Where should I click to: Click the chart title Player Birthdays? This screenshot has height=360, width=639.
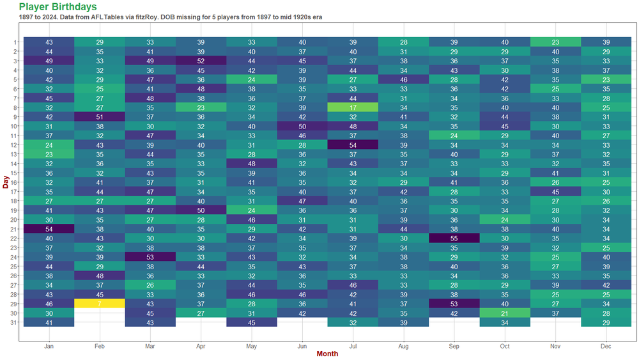(x=58, y=6)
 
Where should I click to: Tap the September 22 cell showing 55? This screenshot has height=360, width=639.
(x=454, y=238)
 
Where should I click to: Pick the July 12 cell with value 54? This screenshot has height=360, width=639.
(x=353, y=145)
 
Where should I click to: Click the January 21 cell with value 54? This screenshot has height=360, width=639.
(x=49, y=228)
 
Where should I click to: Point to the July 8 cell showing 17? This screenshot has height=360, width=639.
(x=353, y=108)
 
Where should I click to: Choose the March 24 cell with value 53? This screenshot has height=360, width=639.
(x=150, y=256)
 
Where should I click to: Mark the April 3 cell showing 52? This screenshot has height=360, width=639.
(x=201, y=61)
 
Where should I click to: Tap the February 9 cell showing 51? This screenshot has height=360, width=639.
(x=99, y=117)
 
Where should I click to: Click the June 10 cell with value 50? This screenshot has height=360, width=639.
(x=302, y=127)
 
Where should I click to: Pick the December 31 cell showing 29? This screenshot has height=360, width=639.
(x=606, y=322)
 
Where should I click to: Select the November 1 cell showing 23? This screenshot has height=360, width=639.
(x=555, y=42)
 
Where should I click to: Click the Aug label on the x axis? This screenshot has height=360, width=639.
(x=403, y=346)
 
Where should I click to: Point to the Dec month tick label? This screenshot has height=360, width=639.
(x=606, y=346)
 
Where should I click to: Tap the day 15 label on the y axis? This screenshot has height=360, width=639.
(x=15, y=173)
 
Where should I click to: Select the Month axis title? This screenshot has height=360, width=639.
(x=327, y=354)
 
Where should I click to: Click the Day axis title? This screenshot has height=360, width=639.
(x=5, y=182)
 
